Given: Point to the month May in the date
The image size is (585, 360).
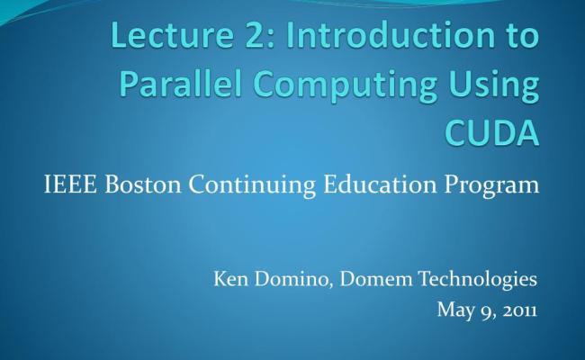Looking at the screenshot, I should [452, 311].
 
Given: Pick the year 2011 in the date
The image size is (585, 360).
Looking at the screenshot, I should [519, 310].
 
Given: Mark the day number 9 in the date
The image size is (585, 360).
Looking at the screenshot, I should [483, 311].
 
